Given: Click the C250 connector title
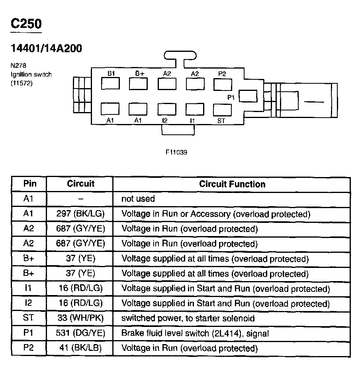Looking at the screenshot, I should click(x=26, y=24).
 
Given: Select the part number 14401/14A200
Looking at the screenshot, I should click(x=46, y=49).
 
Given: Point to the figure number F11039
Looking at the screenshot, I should click(x=176, y=152).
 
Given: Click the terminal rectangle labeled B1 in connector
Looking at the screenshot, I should click(x=110, y=84).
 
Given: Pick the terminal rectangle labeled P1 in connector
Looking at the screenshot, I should click(x=248, y=96).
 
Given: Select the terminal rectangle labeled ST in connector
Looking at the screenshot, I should click(x=222, y=109).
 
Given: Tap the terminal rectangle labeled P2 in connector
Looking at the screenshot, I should click(x=223, y=84).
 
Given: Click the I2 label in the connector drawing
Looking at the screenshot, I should click(x=164, y=120).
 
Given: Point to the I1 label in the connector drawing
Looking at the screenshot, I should click(x=192, y=120).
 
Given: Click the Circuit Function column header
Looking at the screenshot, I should click(x=232, y=184).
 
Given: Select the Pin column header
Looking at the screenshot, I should click(x=29, y=184).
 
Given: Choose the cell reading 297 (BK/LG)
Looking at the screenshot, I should click(x=80, y=214).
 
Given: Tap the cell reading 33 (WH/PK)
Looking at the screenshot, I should click(x=80, y=319).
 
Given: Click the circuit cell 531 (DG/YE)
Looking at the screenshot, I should click(x=80, y=333).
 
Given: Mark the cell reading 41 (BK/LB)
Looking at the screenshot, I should click(x=80, y=348).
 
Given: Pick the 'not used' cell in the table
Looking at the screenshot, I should click(x=138, y=199).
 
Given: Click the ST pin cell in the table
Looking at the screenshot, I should click(x=29, y=319).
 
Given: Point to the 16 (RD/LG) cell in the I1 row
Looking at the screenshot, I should click(x=80, y=289).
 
